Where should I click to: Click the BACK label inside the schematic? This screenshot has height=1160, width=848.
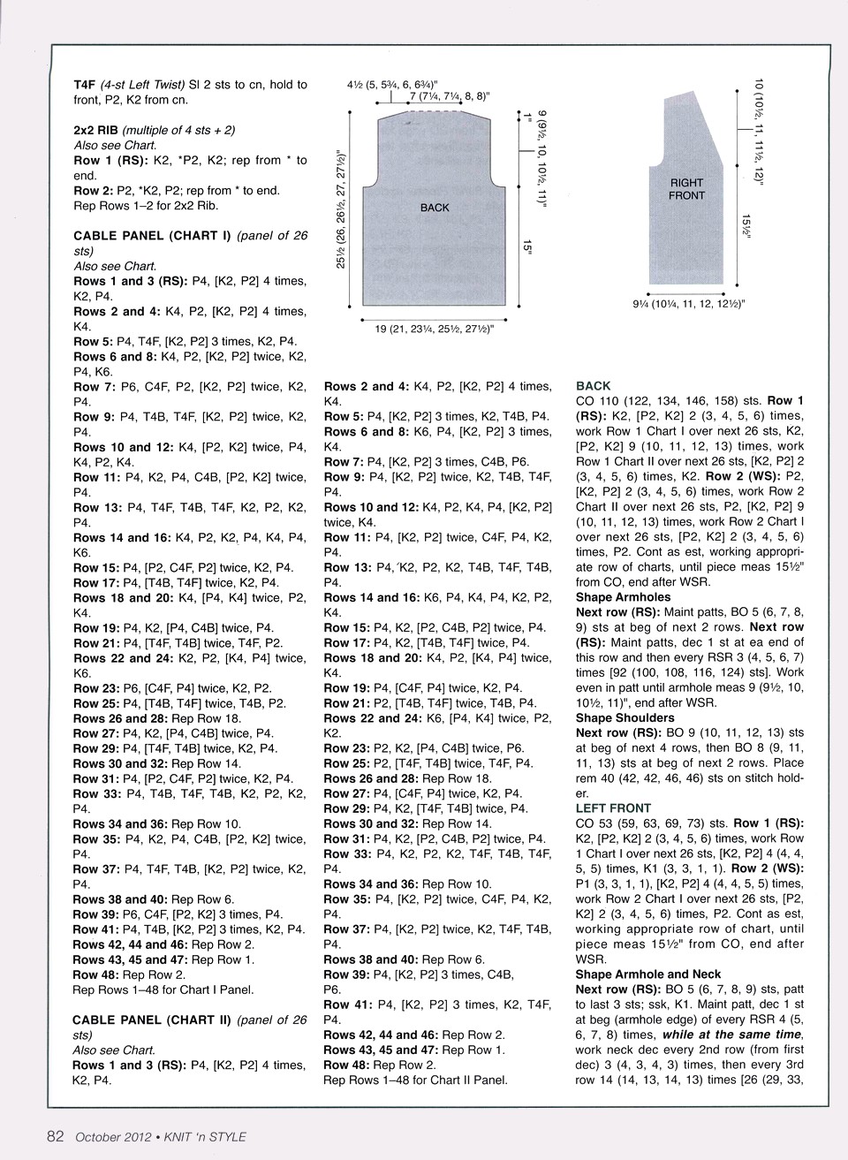pos(435,208)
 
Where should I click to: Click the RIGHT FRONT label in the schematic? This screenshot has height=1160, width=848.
pos(686,189)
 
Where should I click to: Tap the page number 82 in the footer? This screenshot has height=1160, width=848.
pos(55,1137)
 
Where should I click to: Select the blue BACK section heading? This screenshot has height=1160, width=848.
pos(593,386)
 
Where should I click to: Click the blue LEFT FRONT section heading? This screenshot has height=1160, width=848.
pos(613,807)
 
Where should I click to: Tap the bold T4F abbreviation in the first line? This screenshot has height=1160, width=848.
pos(84,85)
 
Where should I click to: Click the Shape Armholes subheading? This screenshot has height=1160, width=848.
pos(624,597)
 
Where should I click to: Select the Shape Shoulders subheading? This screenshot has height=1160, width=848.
pos(625,717)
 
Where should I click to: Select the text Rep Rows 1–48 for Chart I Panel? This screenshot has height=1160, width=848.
pos(163,989)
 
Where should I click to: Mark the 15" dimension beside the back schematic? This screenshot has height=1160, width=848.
pos(527,250)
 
